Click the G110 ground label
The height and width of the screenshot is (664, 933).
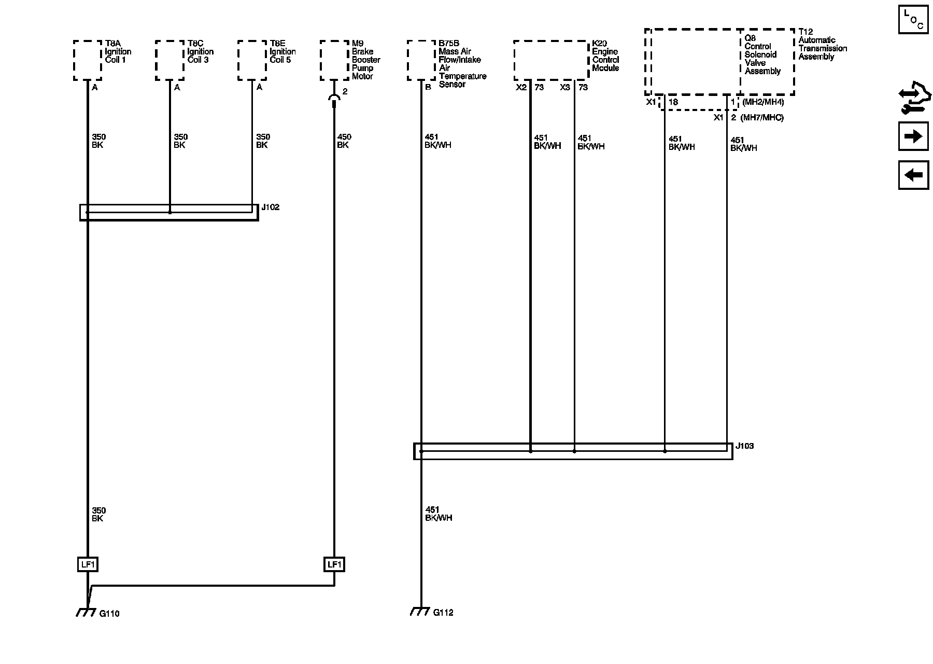pyautogui.click(x=109, y=614)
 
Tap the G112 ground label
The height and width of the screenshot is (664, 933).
pyautogui.click(x=443, y=613)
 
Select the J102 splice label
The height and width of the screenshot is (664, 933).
pyautogui.click(x=270, y=208)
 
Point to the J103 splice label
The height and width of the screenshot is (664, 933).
pyautogui.click(x=744, y=446)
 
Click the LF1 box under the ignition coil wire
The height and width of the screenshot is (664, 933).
pyautogui.click(x=87, y=564)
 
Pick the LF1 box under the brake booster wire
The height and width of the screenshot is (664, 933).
pyautogui.click(x=334, y=564)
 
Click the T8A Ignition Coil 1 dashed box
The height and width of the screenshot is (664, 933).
pyautogui.click(x=87, y=60)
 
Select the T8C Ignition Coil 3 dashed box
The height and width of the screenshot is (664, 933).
pyautogui.click(x=169, y=60)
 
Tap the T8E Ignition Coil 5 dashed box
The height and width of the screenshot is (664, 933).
pyautogui.click(x=252, y=60)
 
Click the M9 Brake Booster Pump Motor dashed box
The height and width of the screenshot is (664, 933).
pyautogui.click(x=334, y=60)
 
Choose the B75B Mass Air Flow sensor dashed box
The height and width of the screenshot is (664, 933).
pyautogui.click(x=421, y=60)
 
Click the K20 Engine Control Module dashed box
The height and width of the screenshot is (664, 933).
pyautogui.click(x=551, y=60)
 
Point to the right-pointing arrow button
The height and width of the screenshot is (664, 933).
pyautogui.click(x=913, y=136)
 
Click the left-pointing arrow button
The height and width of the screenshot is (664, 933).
pyautogui.click(x=913, y=175)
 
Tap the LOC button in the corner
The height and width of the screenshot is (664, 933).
pyautogui.click(x=913, y=20)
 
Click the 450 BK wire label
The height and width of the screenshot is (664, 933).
pyautogui.click(x=344, y=141)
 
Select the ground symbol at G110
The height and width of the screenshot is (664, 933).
pyautogui.click(x=86, y=613)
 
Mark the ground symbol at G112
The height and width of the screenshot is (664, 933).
pyautogui.click(x=419, y=612)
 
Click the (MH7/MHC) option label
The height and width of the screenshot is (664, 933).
pyautogui.click(x=762, y=118)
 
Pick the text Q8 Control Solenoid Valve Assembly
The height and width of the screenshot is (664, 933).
pyautogui.click(x=762, y=55)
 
